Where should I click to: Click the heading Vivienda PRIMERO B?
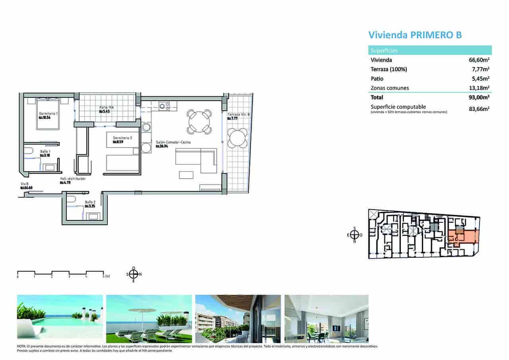tap(415, 35)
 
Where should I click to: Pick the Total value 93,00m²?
tap(479, 97)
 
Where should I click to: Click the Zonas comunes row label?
tap(390, 88)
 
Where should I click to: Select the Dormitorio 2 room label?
tap(122, 138)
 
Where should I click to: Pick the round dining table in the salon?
tap(199, 121)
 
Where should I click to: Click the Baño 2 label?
tap(90, 202)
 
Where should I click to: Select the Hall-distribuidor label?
tap(70, 179)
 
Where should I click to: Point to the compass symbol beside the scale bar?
tap(134, 274)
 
